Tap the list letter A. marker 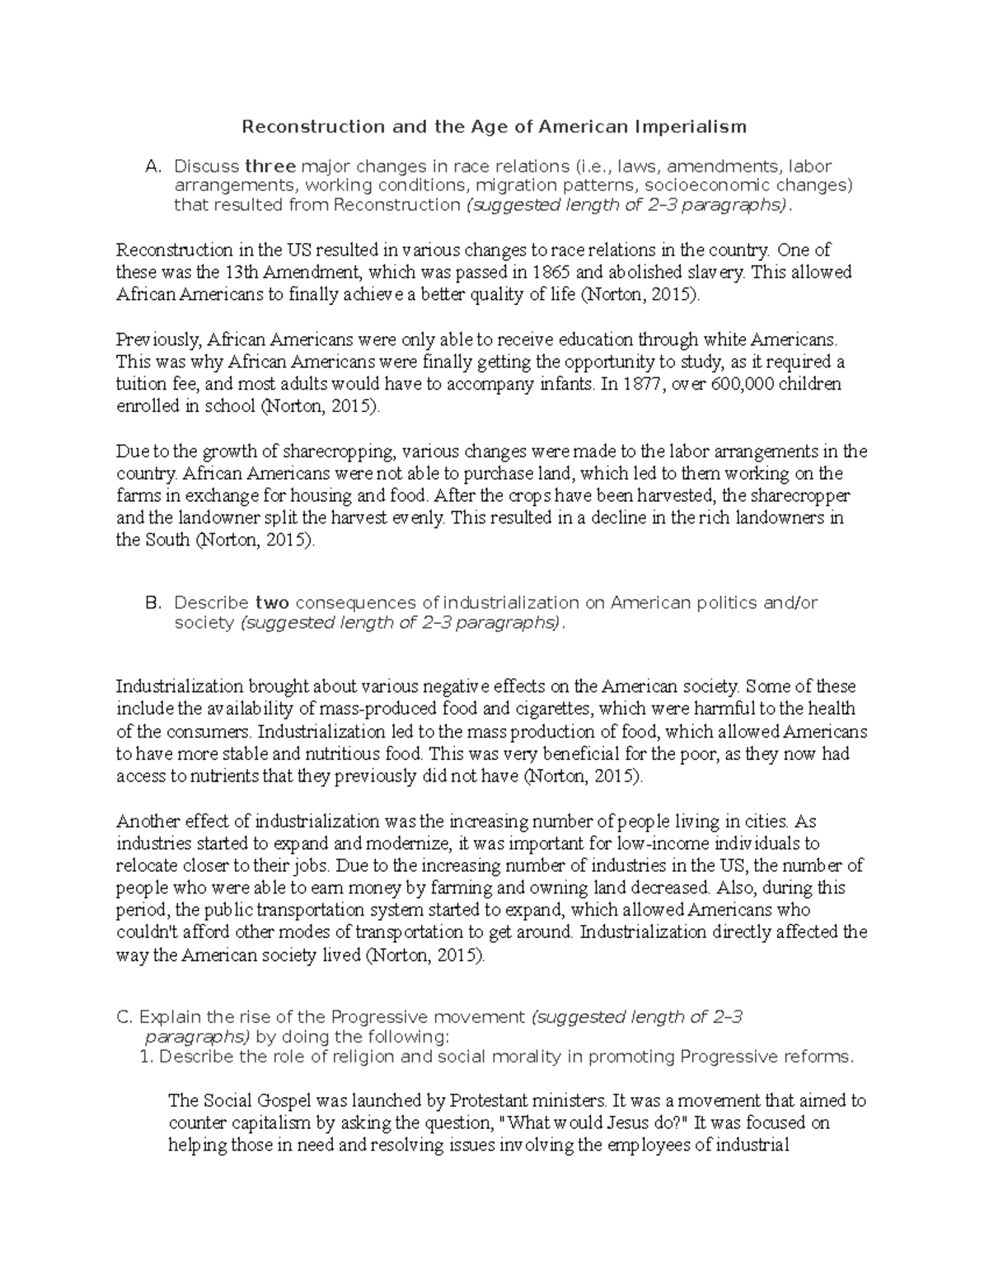pyautogui.click(x=152, y=167)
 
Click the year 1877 pyautogui.click(x=643, y=384)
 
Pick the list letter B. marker pyautogui.click(x=152, y=603)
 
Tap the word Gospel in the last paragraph pyautogui.click(x=268, y=1100)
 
